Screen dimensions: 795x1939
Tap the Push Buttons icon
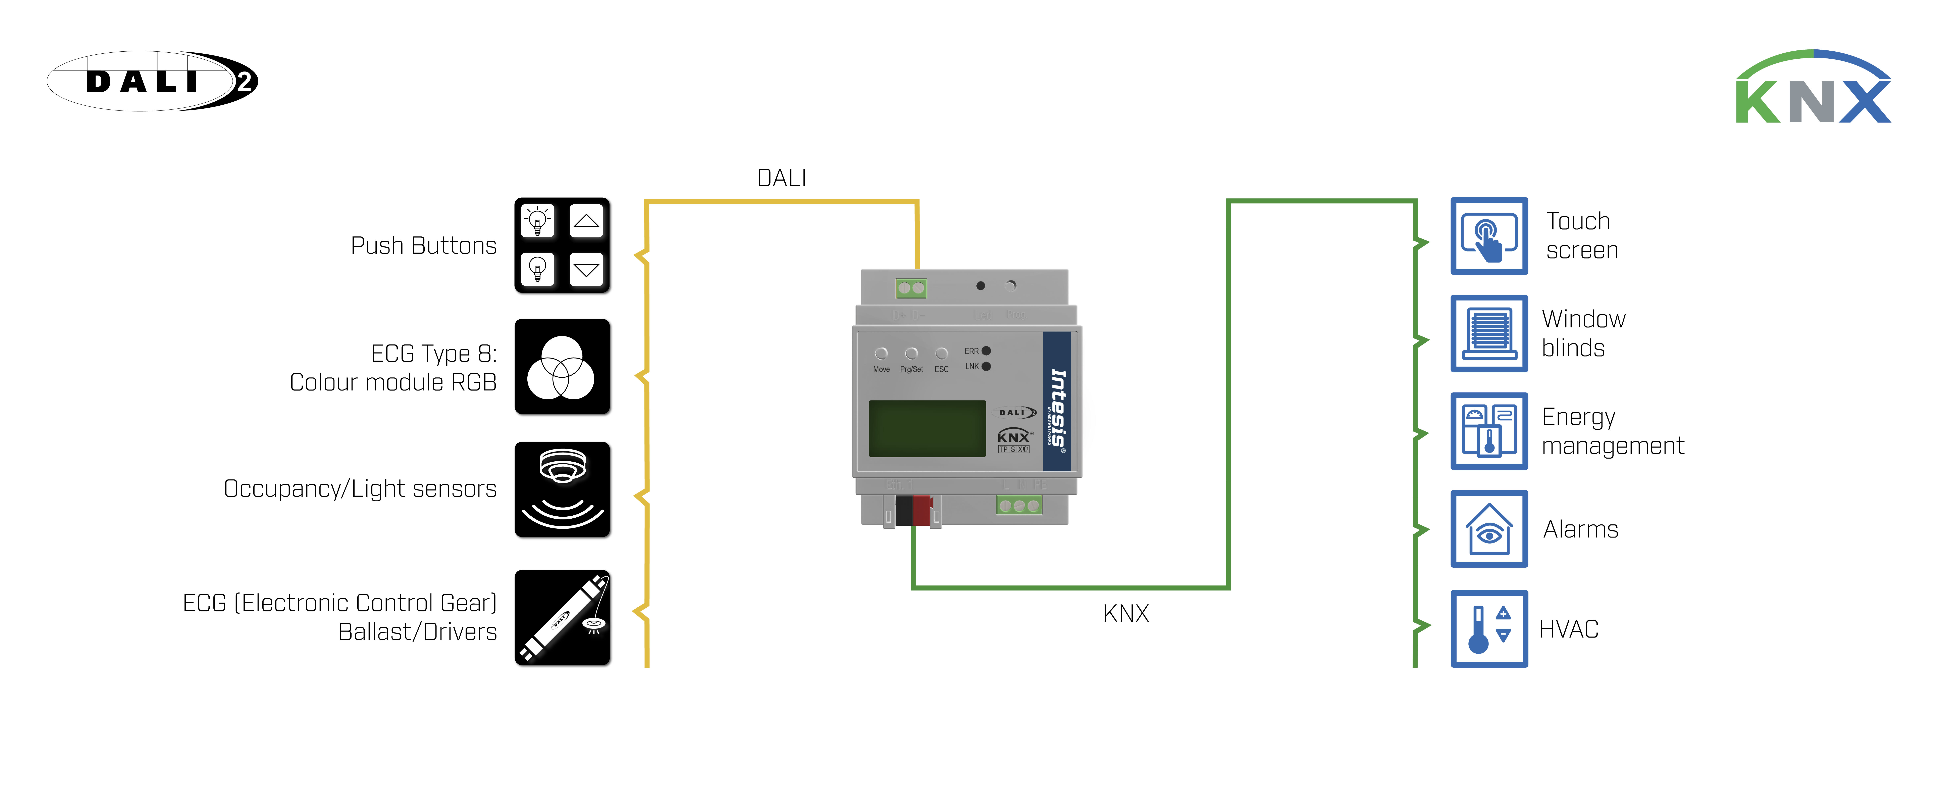tap(562, 245)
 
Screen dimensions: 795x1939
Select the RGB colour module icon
tap(562, 367)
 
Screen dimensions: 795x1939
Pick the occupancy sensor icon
tap(562, 489)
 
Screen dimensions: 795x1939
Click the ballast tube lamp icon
tap(562, 617)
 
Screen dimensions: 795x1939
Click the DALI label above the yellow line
tap(781, 178)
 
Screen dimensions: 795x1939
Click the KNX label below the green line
tap(1125, 614)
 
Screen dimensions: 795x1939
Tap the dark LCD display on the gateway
tap(927, 428)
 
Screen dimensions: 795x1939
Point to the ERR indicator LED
tap(986, 351)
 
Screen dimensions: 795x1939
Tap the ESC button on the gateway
tap(941, 354)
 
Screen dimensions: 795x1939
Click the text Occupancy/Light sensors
tap(360, 489)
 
